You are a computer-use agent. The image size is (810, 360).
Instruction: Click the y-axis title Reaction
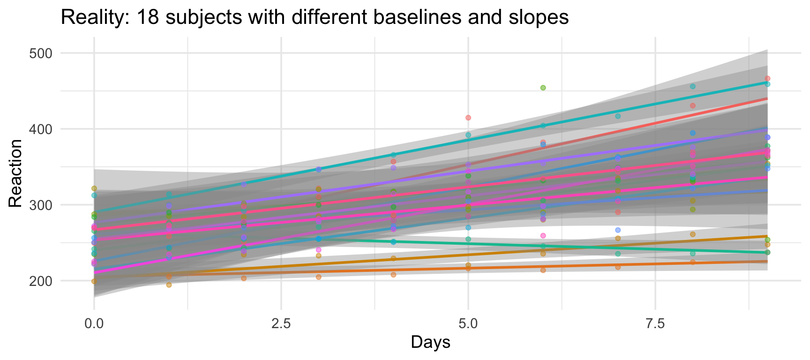click(x=15, y=173)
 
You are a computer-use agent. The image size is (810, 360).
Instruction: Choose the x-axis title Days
click(x=430, y=342)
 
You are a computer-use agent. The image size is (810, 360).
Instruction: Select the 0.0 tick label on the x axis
click(x=94, y=324)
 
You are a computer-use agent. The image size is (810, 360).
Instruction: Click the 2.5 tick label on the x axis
click(x=281, y=324)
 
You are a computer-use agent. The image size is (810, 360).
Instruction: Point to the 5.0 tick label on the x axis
click(x=468, y=324)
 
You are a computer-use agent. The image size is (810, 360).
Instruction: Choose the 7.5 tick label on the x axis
click(x=655, y=324)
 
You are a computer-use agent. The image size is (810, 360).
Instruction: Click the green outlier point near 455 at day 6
click(x=543, y=88)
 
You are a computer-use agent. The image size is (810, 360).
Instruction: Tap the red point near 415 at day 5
click(x=468, y=118)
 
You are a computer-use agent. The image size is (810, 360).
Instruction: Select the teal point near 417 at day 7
click(x=618, y=116)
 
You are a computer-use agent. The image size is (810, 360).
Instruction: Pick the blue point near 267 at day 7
click(x=618, y=230)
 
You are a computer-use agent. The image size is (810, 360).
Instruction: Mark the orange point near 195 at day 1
click(x=169, y=285)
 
